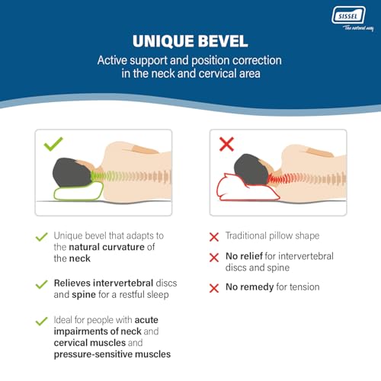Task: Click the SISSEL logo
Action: click(348, 16)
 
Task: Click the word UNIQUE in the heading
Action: click(162, 41)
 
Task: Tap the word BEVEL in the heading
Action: click(223, 41)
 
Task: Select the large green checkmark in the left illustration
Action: click(53, 144)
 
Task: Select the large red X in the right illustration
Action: click(226, 144)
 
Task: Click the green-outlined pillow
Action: click(78, 191)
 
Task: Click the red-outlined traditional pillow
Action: click(248, 187)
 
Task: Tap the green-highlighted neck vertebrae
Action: click(101, 176)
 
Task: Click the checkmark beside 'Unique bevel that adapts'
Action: click(42, 237)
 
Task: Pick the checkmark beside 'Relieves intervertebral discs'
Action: click(42, 284)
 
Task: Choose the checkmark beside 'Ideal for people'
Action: click(42, 321)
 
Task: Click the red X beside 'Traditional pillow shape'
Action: click(214, 237)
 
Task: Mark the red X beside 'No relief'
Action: click(214, 258)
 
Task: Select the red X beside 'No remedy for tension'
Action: click(214, 288)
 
